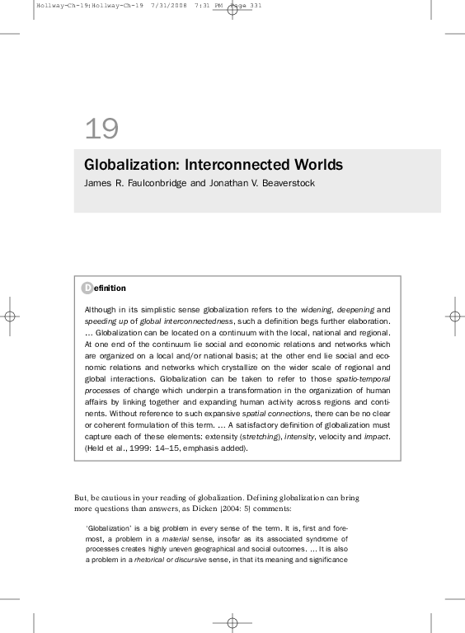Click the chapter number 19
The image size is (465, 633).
coord(101,129)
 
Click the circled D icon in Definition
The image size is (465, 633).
coord(87,288)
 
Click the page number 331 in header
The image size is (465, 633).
coord(256,6)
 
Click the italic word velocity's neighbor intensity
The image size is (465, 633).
coord(298,436)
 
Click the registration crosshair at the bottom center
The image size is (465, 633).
coord(233,623)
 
